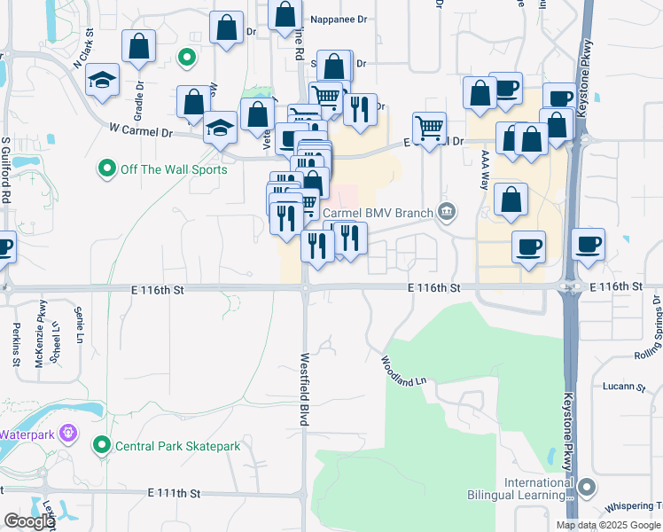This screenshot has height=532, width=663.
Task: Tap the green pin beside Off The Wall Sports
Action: click(x=107, y=167)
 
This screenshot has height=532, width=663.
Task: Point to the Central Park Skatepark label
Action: click(x=178, y=445)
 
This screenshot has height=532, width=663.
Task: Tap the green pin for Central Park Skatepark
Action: click(x=104, y=445)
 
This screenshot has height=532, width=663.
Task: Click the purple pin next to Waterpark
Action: click(x=71, y=434)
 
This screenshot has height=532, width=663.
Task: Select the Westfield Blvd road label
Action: click(x=304, y=390)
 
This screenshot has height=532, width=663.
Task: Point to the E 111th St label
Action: click(x=175, y=492)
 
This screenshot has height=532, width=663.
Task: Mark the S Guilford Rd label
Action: click(x=5, y=170)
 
